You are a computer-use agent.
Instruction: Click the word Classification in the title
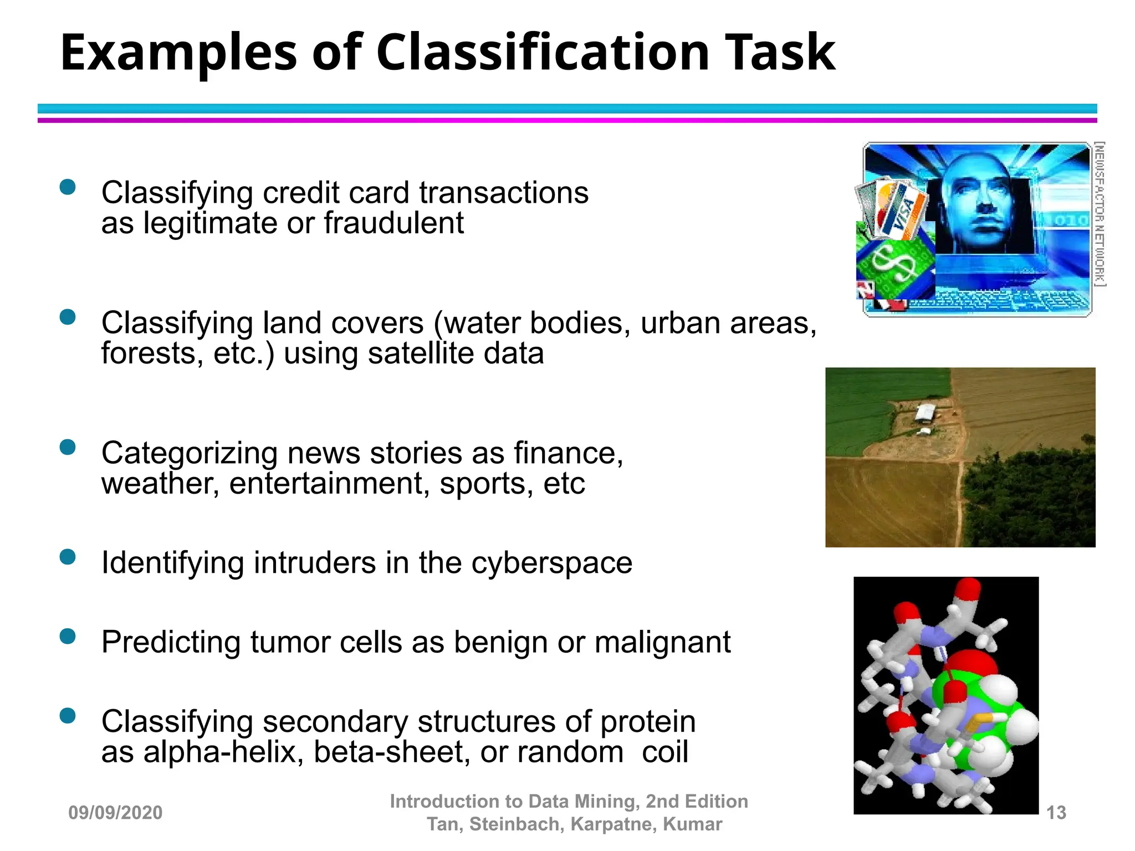[x=543, y=53]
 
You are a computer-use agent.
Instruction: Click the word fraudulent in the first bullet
[x=393, y=223]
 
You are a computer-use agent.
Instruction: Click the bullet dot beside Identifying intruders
[x=68, y=557]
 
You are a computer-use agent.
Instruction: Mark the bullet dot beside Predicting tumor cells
[x=68, y=636]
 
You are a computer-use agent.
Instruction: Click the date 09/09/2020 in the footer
[x=115, y=813]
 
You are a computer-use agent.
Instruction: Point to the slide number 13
[x=1056, y=813]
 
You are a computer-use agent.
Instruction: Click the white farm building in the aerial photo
[x=925, y=412]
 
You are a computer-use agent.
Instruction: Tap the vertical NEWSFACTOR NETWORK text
[x=1100, y=214]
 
